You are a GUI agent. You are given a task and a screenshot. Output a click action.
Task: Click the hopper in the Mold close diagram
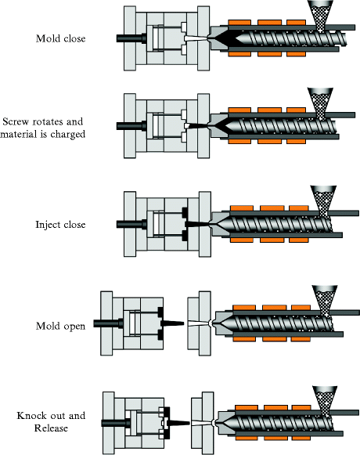coord(319,12)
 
